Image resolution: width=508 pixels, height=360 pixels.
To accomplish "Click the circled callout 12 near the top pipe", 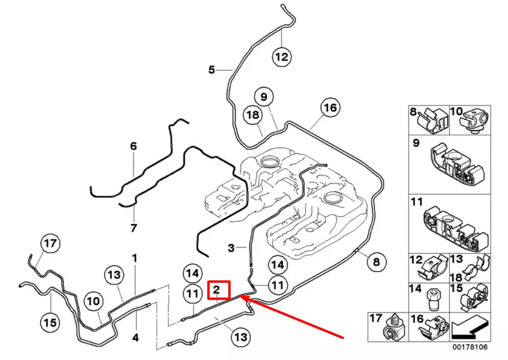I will click(282, 57).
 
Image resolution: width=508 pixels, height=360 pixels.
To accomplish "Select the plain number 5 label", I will click(212, 70).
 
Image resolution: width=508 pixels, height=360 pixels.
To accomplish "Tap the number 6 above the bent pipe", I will click(133, 146).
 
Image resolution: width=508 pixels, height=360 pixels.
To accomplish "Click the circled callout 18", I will click(253, 115).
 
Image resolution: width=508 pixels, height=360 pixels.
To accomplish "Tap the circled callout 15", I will click(50, 323).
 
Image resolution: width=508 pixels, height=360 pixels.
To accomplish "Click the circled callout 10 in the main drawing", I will click(94, 301).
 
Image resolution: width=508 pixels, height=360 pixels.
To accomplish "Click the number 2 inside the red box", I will click(216, 289).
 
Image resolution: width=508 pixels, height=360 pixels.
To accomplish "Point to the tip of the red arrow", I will click(240, 297).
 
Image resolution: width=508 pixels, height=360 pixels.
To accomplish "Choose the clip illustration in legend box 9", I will click(456, 165).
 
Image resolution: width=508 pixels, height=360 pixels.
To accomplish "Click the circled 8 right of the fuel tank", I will click(376, 262).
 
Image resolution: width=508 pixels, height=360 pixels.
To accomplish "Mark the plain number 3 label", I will click(231, 247).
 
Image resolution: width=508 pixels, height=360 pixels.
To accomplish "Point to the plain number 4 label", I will click(135, 338).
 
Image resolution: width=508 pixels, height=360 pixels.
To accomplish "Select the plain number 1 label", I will click(135, 258).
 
